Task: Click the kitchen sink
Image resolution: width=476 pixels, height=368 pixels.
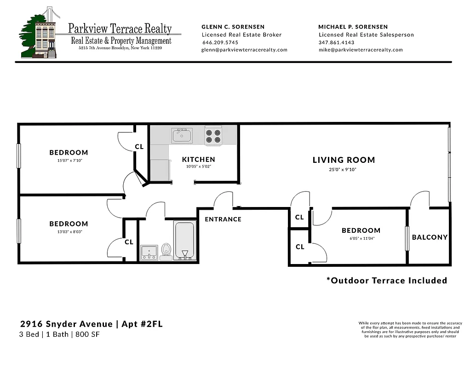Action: pos(182,135)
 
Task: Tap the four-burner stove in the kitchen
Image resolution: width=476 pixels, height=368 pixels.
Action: pos(213,136)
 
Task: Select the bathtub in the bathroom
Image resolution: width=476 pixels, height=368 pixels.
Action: pos(185,241)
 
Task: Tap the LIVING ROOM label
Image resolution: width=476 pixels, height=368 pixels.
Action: pos(344,160)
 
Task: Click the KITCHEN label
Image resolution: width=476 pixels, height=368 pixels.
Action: pos(198,160)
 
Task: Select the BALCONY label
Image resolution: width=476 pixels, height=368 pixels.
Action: pos(430,237)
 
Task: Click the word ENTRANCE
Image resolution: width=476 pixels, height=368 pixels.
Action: pos(223,219)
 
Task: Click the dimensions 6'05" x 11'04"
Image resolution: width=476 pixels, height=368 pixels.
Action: pos(361,239)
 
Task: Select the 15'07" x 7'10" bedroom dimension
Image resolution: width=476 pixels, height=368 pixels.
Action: pos(69,161)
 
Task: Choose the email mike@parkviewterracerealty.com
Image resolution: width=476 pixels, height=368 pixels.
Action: pos(360,50)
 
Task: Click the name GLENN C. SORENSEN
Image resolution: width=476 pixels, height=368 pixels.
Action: pos(233,27)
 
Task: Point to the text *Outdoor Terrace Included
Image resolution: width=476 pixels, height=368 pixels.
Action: pos(386,281)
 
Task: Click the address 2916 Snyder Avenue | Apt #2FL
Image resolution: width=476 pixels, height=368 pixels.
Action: pos(92,324)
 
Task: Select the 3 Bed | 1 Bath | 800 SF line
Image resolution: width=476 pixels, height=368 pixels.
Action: pos(60,334)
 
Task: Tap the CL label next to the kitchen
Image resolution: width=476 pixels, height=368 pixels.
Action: pos(139,147)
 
